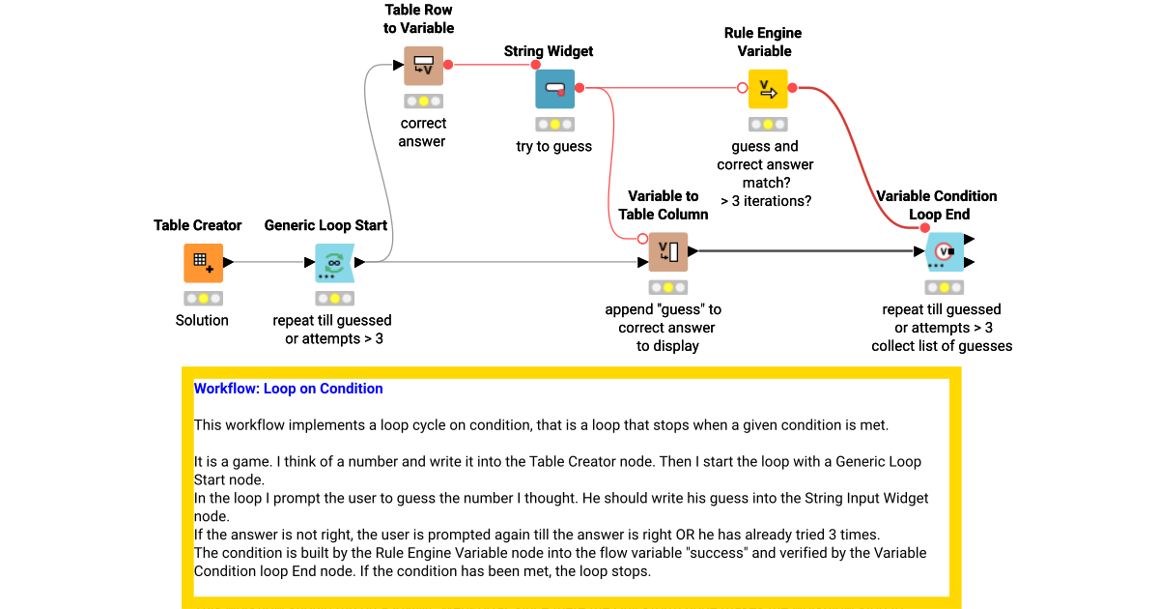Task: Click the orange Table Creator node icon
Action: click(x=203, y=262)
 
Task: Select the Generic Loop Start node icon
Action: click(x=334, y=262)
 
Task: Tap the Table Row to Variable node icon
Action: click(x=423, y=66)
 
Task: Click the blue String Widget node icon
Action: click(x=554, y=89)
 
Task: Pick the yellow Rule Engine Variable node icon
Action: click(x=768, y=89)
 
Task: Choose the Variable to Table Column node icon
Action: click(x=667, y=252)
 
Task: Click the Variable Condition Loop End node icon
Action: click(x=944, y=252)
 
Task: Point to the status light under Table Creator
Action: click(x=203, y=299)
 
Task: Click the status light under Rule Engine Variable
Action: click(x=768, y=125)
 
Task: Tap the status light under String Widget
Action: click(x=554, y=125)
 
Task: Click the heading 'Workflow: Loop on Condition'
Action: click(x=288, y=389)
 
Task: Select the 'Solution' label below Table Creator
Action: click(x=202, y=320)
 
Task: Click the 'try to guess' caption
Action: click(x=553, y=146)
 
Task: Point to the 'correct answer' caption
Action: click(x=423, y=132)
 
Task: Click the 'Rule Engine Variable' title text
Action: click(x=763, y=42)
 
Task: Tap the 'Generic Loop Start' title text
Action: click(x=325, y=225)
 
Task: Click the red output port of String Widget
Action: click(x=579, y=88)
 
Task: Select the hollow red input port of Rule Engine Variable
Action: click(x=743, y=88)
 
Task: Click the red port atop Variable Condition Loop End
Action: click(x=925, y=228)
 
